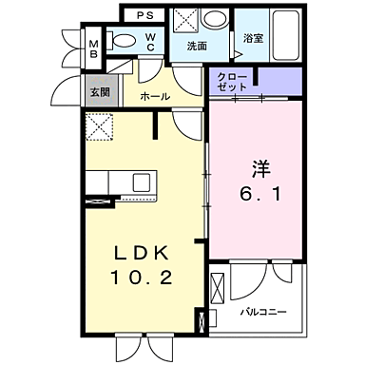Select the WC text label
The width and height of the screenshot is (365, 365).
150,44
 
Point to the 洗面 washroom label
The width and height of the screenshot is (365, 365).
197,46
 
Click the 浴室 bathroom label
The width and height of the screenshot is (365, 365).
252,40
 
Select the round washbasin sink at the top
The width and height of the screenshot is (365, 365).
216,18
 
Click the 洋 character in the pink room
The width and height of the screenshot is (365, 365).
261,170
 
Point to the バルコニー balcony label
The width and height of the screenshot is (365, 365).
261,311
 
